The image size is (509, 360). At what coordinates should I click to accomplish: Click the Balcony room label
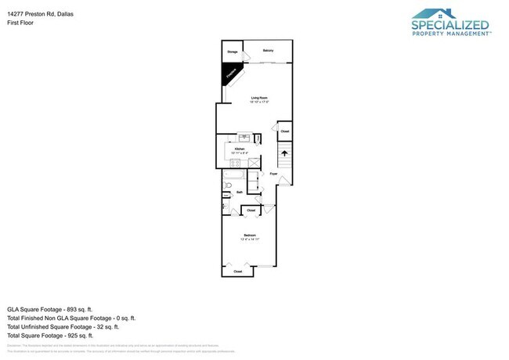click(268, 51)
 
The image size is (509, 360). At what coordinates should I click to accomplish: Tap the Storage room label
click(233, 52)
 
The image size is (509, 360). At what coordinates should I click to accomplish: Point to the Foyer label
click(274, 173)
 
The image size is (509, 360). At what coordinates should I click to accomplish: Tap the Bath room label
click(239, 191)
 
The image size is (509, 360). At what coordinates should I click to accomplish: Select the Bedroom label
click(249, 236)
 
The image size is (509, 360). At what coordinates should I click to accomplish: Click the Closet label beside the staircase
click(285, 131)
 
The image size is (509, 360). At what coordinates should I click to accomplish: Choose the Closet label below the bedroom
click(238, 272)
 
